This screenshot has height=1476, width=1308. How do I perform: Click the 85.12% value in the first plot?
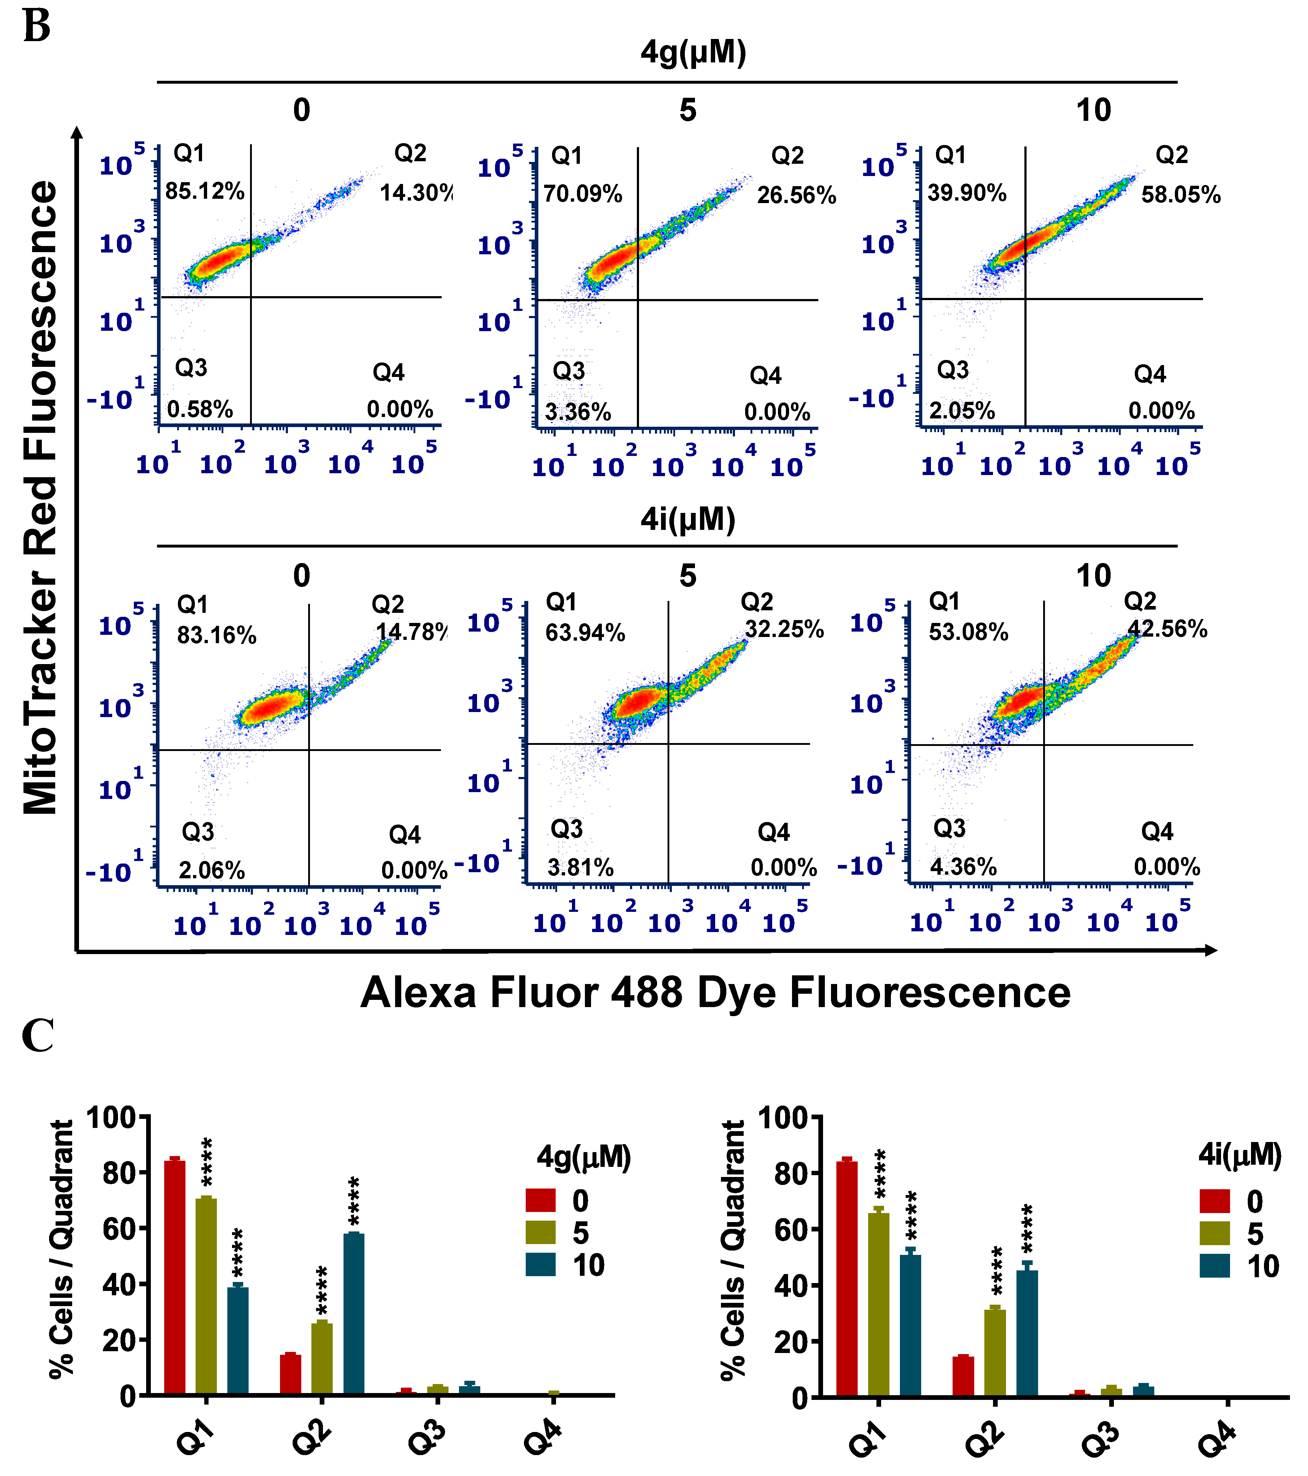pyautogui.click(x=204, y=192)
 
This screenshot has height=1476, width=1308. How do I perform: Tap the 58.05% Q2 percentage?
pyautogui.click(x=1180, y=195)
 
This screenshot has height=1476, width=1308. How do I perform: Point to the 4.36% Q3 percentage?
pyautogui.click(x=963, y=866)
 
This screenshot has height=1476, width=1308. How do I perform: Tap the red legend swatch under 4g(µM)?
pyautogui.click(x=540, y=1200)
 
